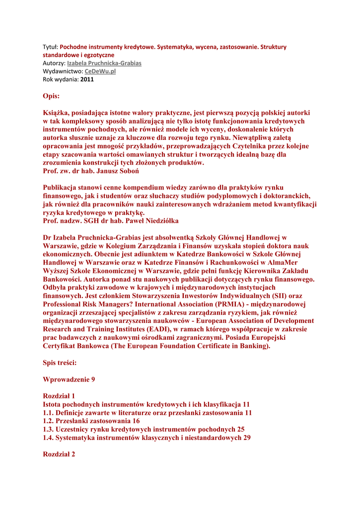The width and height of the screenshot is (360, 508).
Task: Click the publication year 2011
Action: click(x=87, y=79)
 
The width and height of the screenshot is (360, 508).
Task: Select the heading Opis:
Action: click(x=51, y=95)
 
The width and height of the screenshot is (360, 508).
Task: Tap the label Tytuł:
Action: click(x=50, y=47)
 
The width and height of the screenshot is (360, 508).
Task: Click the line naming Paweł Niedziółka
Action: click(x=111, y=220)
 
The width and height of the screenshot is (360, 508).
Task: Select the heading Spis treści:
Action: click(x=60, y=363)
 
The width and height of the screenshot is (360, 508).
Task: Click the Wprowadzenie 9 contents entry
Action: click(x=69, y=380)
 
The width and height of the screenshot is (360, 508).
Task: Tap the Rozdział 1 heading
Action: click(x=59, y=396)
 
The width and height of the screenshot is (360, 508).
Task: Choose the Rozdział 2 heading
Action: click(x=59, y=454)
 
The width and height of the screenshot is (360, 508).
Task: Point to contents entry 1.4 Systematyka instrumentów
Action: click(x=146, y=438)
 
